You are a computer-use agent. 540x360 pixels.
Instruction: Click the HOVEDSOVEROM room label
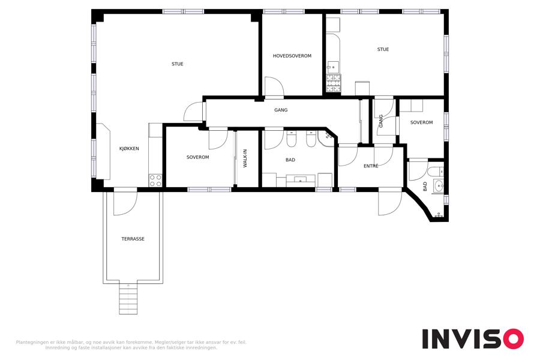click(x=292, y=56)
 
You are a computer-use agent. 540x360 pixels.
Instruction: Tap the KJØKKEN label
click(x=129, y=148)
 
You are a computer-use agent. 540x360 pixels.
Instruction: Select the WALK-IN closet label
click(x=245, y=158)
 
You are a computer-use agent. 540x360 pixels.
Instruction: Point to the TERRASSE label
click(x=133, y=239)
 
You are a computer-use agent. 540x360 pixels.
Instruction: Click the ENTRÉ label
click(x=371, y=166)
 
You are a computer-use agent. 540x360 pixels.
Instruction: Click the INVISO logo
click(x=473, y=339)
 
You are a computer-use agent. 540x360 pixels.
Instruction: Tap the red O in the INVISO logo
click(x=514, y=339)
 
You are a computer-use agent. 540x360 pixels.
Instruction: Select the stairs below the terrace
click(x=128, y=298)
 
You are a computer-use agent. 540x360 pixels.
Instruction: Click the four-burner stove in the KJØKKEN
click(x=155, y=181)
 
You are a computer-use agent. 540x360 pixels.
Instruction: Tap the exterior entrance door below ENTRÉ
click(x=390, y=203)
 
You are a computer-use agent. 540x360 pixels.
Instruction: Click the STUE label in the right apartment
click(x=383, y=49)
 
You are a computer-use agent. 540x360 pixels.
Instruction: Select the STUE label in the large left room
click(x=178, y=64)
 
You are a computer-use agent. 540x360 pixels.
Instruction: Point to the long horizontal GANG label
click(x=281, y=110)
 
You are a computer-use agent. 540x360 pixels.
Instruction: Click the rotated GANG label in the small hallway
click(x=380, y=121)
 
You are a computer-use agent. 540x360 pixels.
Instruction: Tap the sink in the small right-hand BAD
click(x=439, y=186)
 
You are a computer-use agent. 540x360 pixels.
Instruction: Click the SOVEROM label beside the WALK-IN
click(x=197, y=157)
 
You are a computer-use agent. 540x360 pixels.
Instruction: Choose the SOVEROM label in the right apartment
click(x=422, y=122)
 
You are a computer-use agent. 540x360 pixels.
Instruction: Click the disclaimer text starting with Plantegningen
click(x=131, y=345)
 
